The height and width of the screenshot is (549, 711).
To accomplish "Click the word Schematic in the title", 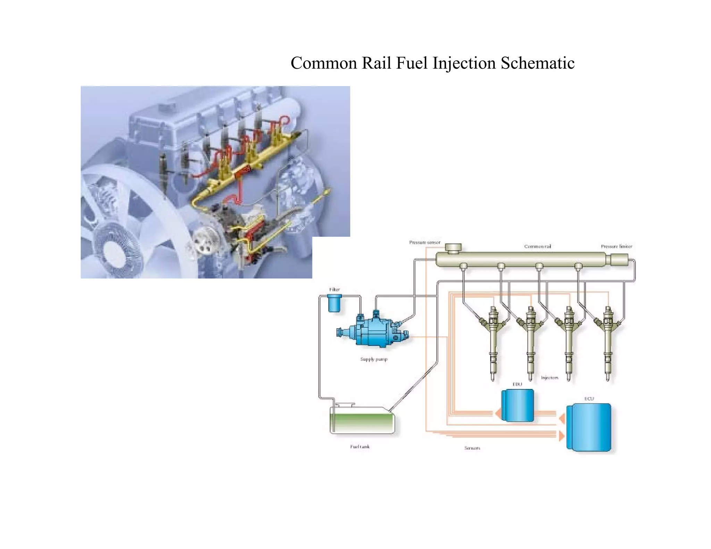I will click(x=537, y=63).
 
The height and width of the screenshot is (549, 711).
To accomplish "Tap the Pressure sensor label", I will click(x=424, y=242).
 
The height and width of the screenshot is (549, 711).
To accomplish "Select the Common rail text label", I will click(x=537, y=246).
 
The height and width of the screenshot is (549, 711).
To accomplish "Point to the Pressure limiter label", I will click(x=617, y=246).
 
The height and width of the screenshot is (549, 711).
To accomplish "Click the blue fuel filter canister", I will click(x=335, y=303).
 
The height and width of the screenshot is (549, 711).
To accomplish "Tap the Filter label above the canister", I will click(x=334, y=289).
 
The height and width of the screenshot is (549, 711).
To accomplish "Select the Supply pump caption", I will click(x=374, y=359).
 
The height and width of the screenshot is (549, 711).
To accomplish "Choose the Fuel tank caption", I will click(x=360, y=447).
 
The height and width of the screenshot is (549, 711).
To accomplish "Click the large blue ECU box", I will click(x=589, y=427).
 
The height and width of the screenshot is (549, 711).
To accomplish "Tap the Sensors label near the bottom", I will click(x=472, y=448).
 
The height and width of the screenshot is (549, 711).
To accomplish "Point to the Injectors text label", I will click(x=550, y=378).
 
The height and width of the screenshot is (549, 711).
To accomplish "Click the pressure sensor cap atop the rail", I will click(x=453, y=248).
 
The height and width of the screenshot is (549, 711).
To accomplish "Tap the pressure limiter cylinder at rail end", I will click(x=619, y=260).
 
